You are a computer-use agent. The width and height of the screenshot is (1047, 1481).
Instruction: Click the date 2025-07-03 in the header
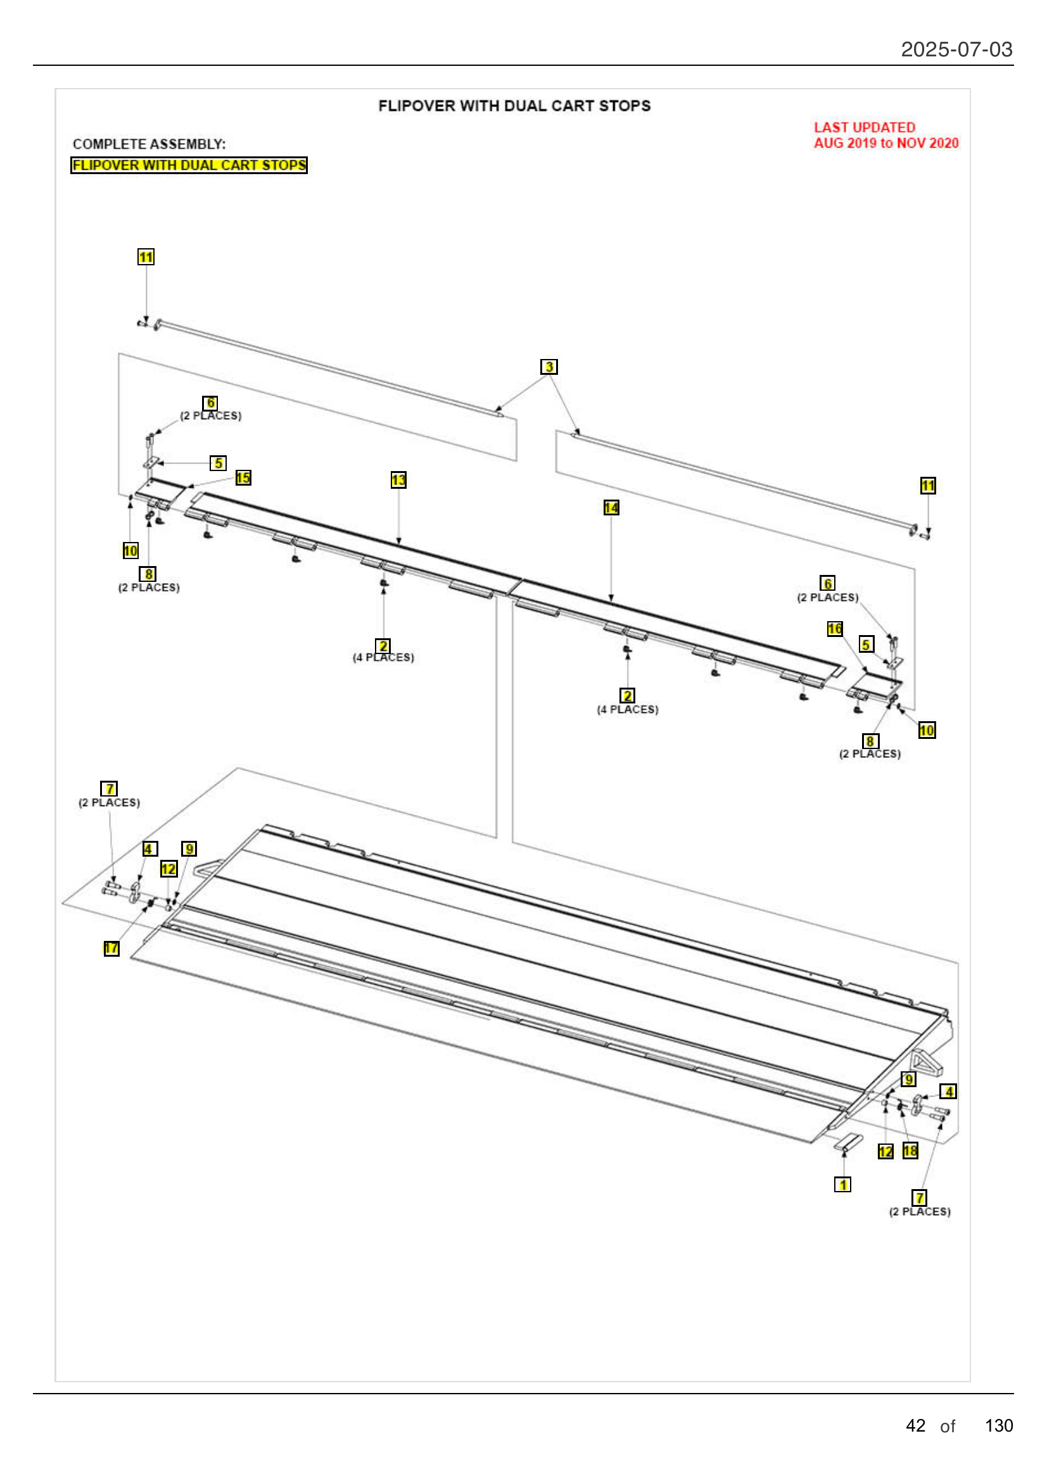(x=956, y=49)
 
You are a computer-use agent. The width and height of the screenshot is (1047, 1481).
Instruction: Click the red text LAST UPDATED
(x=864, y=127)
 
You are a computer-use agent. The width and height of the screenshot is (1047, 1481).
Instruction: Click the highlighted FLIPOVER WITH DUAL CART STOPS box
(x=188, y=165)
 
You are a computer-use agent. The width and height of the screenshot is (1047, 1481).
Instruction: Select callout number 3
(x=549, y=367)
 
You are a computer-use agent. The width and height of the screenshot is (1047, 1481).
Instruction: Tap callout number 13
(x=398, y=480)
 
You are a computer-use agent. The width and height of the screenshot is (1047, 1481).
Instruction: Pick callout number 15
(x=243, y=477)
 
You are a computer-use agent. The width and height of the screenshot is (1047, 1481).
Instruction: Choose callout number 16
(x=834, y=628)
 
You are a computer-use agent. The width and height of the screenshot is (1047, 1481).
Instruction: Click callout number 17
(x=111, y=948)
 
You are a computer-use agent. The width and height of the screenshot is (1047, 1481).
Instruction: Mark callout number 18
(x=910, y=1150)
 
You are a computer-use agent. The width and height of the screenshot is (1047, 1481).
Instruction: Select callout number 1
(x=842, y=1184)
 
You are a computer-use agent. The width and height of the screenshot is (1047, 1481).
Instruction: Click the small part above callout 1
(x=848, y=1142)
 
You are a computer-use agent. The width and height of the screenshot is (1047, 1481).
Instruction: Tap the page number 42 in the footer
(x=915, y=1425)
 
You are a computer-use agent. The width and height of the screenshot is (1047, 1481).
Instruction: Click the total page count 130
(x=998, y=1425)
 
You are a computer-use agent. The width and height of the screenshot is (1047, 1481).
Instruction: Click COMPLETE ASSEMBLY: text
(x=149, y=144)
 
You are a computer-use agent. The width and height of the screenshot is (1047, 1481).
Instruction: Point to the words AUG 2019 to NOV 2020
(x=885, y=143)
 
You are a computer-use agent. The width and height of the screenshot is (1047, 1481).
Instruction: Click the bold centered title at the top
(x=514, y=106)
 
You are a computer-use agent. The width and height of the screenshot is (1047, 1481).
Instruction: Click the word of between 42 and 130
(x=947, y=1426)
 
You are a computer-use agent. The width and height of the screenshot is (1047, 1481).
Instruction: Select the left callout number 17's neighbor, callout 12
(x=168, y=869)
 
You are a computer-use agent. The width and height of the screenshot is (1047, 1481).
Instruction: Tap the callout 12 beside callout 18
(x=885, y=1151)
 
